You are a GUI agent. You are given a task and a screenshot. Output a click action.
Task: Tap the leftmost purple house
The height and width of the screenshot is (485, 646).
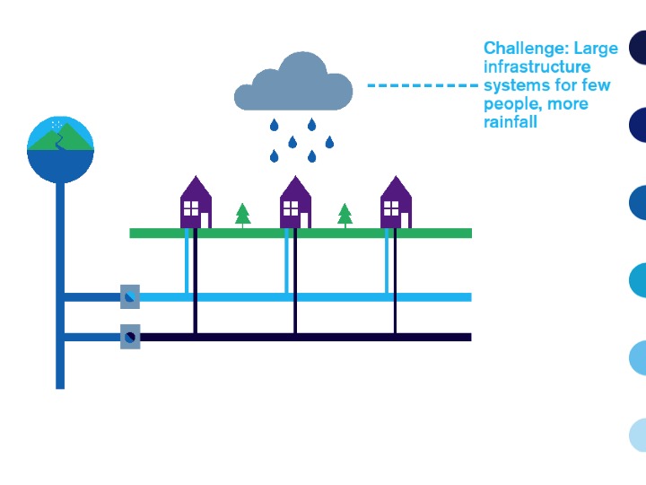point(196,203)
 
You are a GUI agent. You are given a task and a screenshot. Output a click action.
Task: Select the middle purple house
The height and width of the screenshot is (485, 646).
point(295,203)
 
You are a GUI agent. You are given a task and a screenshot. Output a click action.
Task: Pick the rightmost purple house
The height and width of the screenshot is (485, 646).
point(396,203)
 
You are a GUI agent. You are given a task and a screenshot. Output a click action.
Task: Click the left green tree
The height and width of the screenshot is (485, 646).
point(242,215)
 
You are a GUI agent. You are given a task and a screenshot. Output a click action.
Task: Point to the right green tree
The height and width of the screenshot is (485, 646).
point(345,215)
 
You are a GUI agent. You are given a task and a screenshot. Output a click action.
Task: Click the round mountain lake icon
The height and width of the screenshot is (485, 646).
point(60,148)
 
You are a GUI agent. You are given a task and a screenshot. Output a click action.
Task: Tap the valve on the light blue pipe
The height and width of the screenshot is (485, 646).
point(130,296)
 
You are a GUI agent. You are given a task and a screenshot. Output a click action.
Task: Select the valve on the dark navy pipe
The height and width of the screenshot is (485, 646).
point(130,337)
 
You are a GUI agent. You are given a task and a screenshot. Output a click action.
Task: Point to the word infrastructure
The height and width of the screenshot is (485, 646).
point(537,67)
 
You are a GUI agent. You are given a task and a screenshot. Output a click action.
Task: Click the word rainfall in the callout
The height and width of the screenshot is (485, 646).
point(511,122)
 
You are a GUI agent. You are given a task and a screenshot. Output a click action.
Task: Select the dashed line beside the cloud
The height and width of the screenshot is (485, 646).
point(423,85)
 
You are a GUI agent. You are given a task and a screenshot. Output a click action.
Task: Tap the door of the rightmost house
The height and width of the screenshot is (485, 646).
point(405,220)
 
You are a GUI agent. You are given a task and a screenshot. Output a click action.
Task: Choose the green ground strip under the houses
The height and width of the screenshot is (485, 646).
point(301,234)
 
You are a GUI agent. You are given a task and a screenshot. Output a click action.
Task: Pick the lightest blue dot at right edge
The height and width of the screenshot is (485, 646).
point(638,435)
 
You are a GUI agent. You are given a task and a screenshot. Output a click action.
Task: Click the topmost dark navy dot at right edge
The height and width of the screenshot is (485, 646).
point(638,47)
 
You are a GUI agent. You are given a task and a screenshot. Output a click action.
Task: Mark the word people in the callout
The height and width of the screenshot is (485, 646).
point(509,104)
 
